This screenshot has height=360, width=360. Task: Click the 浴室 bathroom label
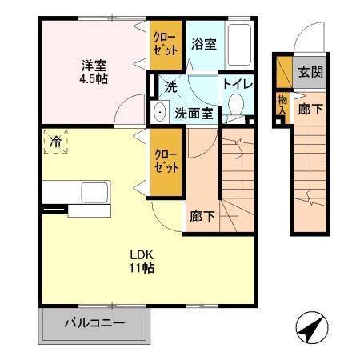(203, 46)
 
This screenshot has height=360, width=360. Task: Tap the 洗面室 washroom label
(194, 113)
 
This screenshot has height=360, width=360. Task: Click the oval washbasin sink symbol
(159, 113)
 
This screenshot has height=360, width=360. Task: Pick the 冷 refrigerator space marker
(56, 141)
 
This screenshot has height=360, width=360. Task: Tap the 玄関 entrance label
(311, 72)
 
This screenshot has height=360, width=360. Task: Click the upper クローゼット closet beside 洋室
(166, 45)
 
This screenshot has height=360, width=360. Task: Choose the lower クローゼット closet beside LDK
(166, 160)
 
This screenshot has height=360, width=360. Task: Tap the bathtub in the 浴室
(239, 44)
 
